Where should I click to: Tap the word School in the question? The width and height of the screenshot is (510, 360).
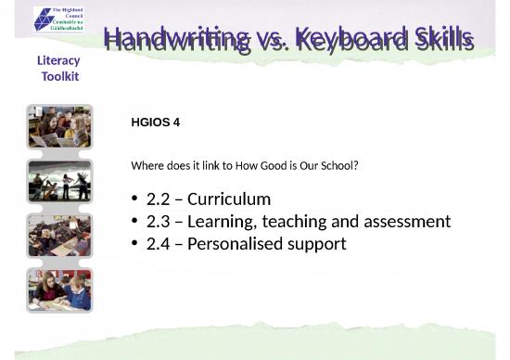[339, 166]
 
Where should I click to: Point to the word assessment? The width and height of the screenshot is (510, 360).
[408, 222]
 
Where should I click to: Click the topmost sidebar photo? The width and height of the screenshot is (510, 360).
[59, 127]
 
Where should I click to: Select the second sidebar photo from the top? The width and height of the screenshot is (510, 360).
[59, 181]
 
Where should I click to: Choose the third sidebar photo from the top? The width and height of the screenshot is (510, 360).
[59, 235]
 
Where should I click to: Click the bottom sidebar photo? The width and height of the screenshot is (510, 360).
[59, 289]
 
